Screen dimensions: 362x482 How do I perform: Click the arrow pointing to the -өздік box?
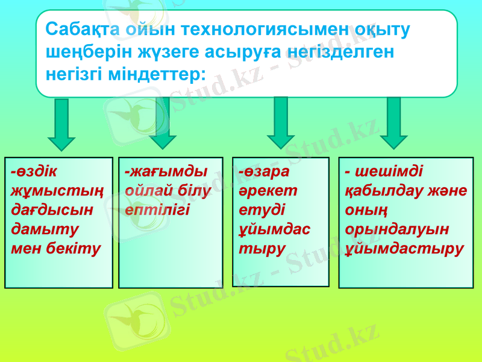coord(61,124)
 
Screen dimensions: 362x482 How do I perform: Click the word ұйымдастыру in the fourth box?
coord(405,249)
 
